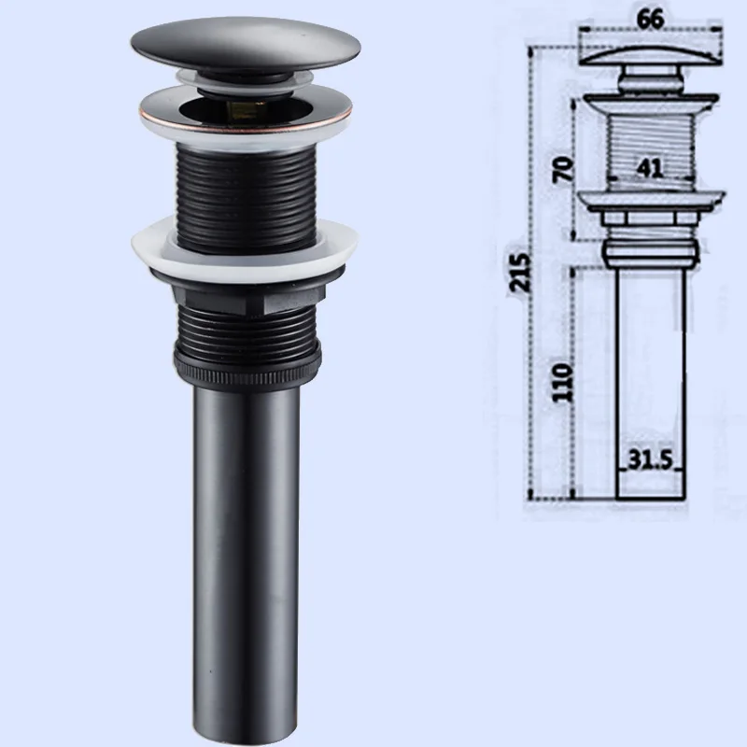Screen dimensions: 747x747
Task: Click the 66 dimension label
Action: tap(650, 19)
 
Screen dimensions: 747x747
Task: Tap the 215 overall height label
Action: tap(519, 272)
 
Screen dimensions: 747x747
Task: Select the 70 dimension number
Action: tap(563, 169)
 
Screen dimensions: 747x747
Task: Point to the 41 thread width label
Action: tap(649, 168)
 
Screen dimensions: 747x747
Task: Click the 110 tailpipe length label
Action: tap(562, 383)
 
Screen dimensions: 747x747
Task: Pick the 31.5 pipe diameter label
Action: tap(650, 459)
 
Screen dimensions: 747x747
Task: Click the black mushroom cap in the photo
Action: tap(246, 44)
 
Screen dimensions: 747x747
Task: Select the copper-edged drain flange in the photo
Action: tap(246, 111)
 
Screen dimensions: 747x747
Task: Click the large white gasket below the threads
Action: tap(245, 247)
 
